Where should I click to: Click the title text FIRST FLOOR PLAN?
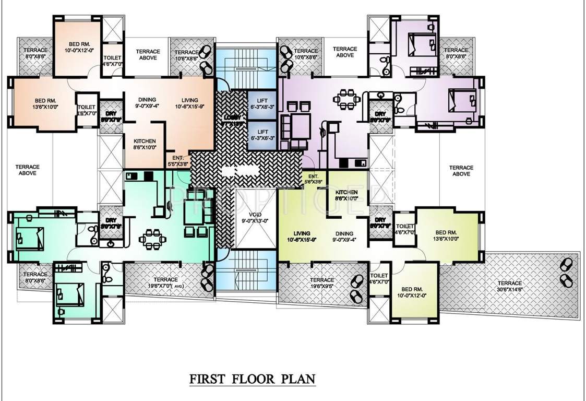(x=252, y=378)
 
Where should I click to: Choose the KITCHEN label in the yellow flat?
(x=346, y=195)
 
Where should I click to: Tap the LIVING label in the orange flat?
(x=190, y=103)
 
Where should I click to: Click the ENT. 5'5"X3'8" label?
(x=177, y=160)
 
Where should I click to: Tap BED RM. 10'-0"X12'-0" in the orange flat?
(x=79, y=48)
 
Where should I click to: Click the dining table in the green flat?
(x=151, y=239)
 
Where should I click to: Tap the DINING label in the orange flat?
(x=148, y=103)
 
